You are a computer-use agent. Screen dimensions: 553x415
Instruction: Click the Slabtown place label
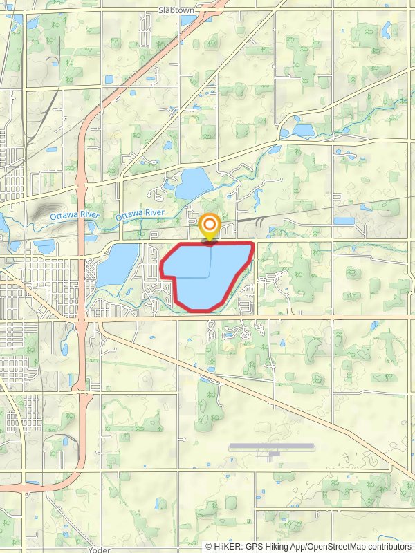[176, 10]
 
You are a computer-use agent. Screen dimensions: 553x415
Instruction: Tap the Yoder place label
[100, 550]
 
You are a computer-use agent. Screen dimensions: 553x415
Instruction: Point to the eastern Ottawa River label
[138, 216]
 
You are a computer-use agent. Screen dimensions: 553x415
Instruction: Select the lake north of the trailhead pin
[194, 184]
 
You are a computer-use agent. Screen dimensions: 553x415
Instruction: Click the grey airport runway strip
[270, 446]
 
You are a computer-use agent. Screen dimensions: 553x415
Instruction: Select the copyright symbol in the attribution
[210, 546]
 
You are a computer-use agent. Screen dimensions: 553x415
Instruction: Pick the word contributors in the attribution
[389, 546]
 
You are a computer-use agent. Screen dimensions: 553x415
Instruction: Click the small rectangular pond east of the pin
[344, 221]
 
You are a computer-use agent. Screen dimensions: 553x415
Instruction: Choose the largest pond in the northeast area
[303, 129]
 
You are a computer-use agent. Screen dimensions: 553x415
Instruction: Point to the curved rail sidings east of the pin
[259, 221]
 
